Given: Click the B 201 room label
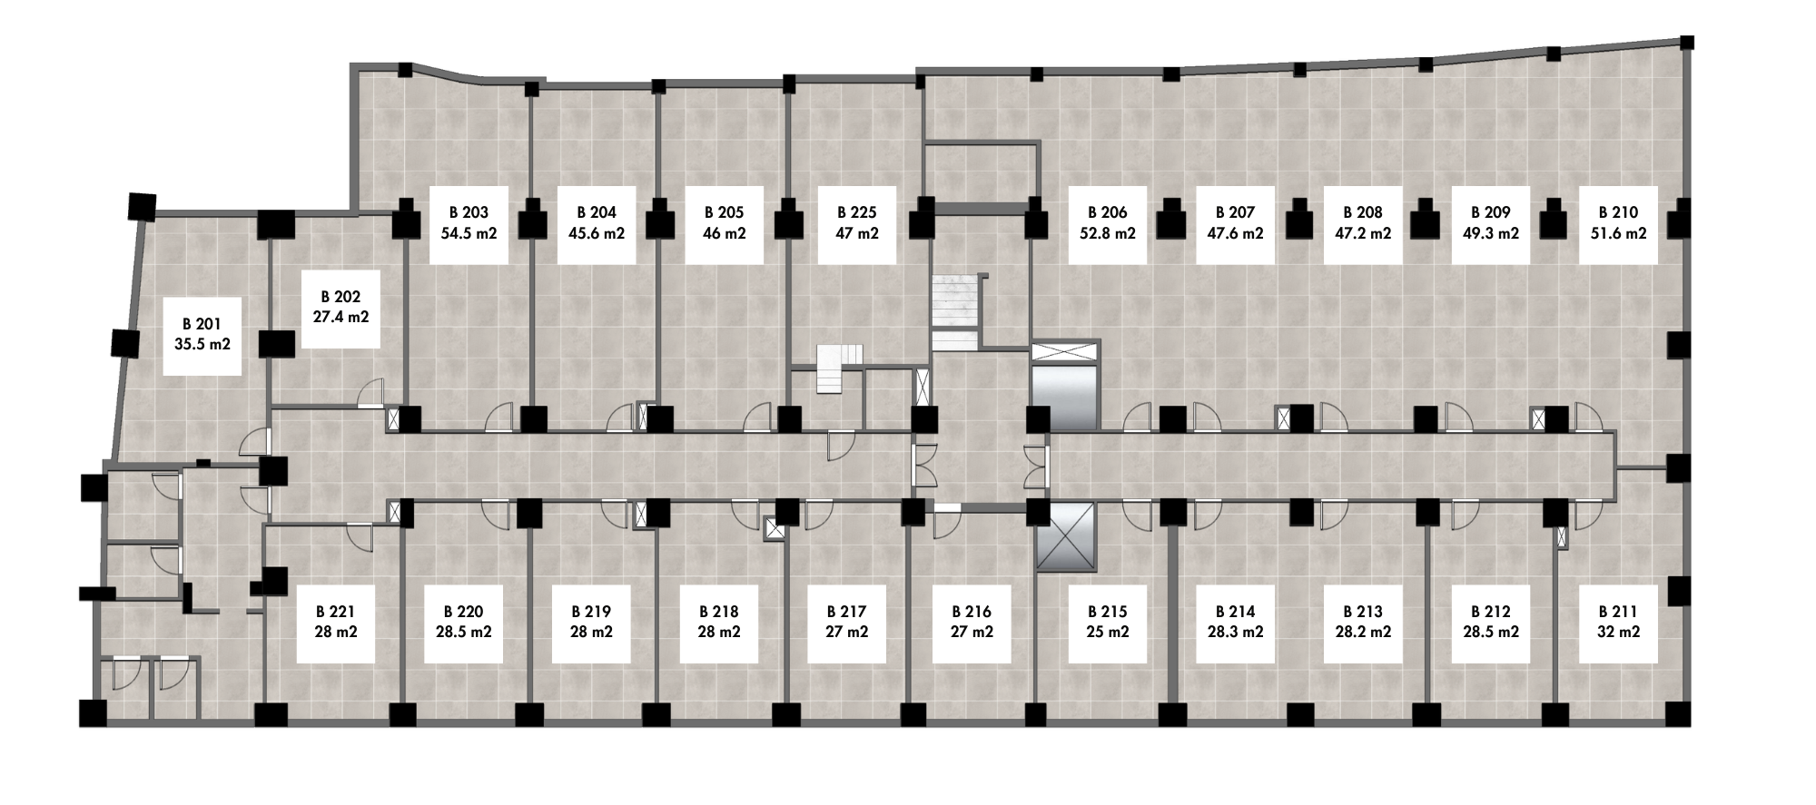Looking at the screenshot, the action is click(x=202, y=336).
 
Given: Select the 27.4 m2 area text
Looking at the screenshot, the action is click(x=340, y=318).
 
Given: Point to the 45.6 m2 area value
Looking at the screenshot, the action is click(x=597, y=233).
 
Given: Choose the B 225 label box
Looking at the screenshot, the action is click(x=856, y=225).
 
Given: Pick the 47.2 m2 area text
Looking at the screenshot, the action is click(x=1363, y=233).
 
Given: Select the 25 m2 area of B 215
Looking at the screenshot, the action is click(x=1108, y=632).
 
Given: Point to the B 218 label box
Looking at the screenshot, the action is click(x=719, y=623).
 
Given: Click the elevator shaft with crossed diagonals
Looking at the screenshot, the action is click(x=1067, y=538).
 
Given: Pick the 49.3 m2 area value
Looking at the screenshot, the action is click(x=1491, y=233).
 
